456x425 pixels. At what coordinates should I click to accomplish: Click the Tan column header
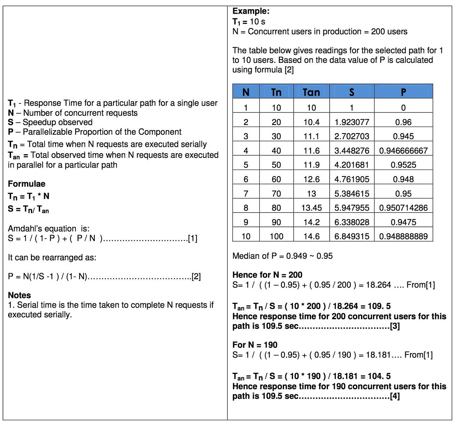[311, 92]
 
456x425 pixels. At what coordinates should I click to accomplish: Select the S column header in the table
[351, 92]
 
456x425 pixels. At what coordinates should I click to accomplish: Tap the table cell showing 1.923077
[352, 122]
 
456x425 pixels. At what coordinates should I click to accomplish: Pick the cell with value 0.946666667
[403, 151]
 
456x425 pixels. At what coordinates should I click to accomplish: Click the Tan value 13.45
[311, 208]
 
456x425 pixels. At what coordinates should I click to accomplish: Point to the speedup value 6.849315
[352, 236]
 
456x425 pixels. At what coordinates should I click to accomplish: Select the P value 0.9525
[403, 165]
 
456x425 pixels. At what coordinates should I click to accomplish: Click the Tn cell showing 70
[276, 194]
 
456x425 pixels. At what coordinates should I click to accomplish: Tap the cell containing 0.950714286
[403, 208]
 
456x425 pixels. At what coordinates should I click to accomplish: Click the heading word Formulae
[26, 184]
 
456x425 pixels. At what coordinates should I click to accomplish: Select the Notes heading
[19, 295]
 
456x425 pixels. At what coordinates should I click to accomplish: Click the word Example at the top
[250, 11]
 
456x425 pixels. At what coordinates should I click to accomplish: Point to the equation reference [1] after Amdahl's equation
[192, 239]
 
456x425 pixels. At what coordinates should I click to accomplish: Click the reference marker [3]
[395, 326]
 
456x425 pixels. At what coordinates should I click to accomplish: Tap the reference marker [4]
[395, 396]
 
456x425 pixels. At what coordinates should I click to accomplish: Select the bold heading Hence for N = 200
[267, 275]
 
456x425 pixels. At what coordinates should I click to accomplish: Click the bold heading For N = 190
[255, 345]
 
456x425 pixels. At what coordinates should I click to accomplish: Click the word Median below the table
[246, 256]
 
